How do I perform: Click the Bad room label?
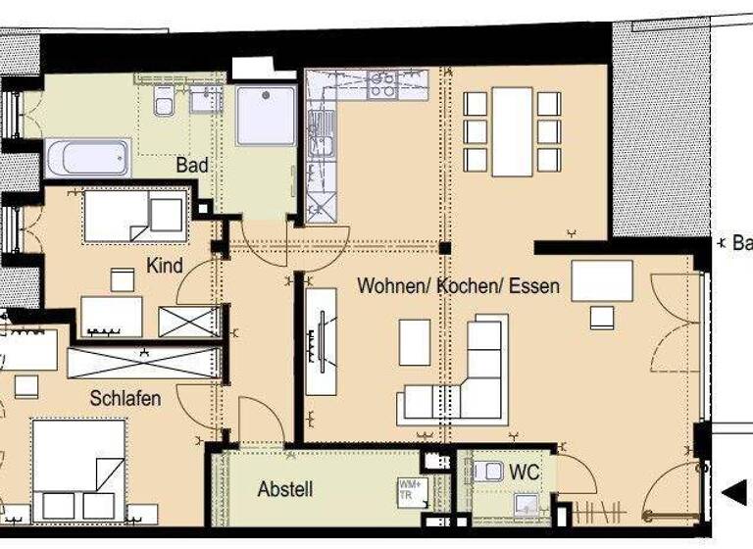pos(192,166)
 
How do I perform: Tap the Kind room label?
pos(165,266)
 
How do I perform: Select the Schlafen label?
pos(125,399)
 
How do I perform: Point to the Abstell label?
pos(285,488)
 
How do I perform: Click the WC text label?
pos(525,473)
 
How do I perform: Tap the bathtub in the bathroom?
pos(88,157)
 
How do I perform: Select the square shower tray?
pos(265,116)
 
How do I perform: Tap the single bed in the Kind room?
pos(134,216)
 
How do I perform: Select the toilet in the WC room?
pos(487,472)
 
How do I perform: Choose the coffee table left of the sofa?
pos(415,342)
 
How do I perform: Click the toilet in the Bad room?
pos(164,100)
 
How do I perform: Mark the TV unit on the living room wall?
pos(321,341)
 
